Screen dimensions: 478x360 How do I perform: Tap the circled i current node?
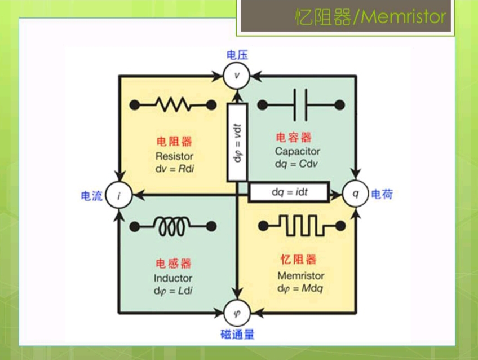[119, 196]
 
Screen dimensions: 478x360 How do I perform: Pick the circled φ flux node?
[236, 311]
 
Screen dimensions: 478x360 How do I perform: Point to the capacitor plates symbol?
[300, 104]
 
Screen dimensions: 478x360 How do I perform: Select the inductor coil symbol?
[174, 226]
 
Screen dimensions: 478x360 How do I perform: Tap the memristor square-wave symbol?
[300, 226]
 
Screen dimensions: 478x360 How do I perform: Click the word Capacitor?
[298, 151]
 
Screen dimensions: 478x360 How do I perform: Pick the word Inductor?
[173, 278]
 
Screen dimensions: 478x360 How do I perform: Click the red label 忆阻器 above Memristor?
[299, 260]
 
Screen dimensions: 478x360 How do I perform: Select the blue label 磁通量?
[237, 335]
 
